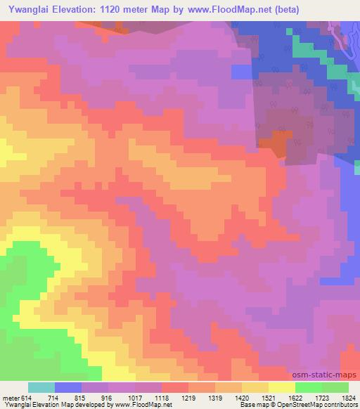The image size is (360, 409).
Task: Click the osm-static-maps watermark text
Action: tap(330, 375)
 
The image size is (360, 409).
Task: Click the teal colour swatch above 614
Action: tap(41, 387)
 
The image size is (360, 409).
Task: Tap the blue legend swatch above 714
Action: tap(68, 387)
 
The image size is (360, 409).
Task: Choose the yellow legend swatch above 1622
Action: tap(281, 387)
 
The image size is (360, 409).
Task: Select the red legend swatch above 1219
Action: tap(174, 387)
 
